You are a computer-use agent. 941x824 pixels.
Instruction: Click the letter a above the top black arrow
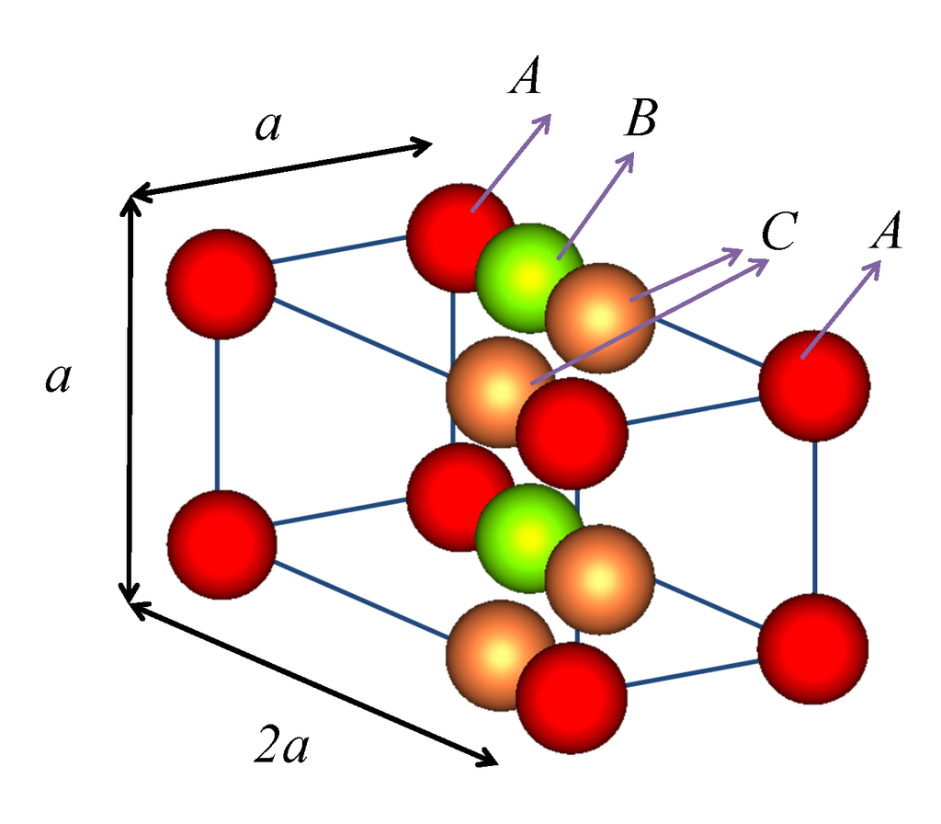(268, 127)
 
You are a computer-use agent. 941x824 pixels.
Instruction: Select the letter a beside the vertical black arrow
(58, 378)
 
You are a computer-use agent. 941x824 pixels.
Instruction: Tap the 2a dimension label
(282, 750)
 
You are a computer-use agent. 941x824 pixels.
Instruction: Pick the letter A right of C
(888, 233)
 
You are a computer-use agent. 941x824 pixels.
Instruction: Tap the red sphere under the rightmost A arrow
(814, 385)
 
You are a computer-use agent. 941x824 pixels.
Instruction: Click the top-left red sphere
(221, 283)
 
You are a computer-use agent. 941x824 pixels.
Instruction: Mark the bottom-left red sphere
(221, 544)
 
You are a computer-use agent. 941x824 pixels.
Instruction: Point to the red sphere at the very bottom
(571, 696)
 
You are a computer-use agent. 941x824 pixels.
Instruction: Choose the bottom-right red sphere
(812, 648)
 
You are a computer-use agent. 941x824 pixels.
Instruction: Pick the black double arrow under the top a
(280, 168)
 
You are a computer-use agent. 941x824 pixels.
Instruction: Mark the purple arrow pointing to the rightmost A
(842, 308)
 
